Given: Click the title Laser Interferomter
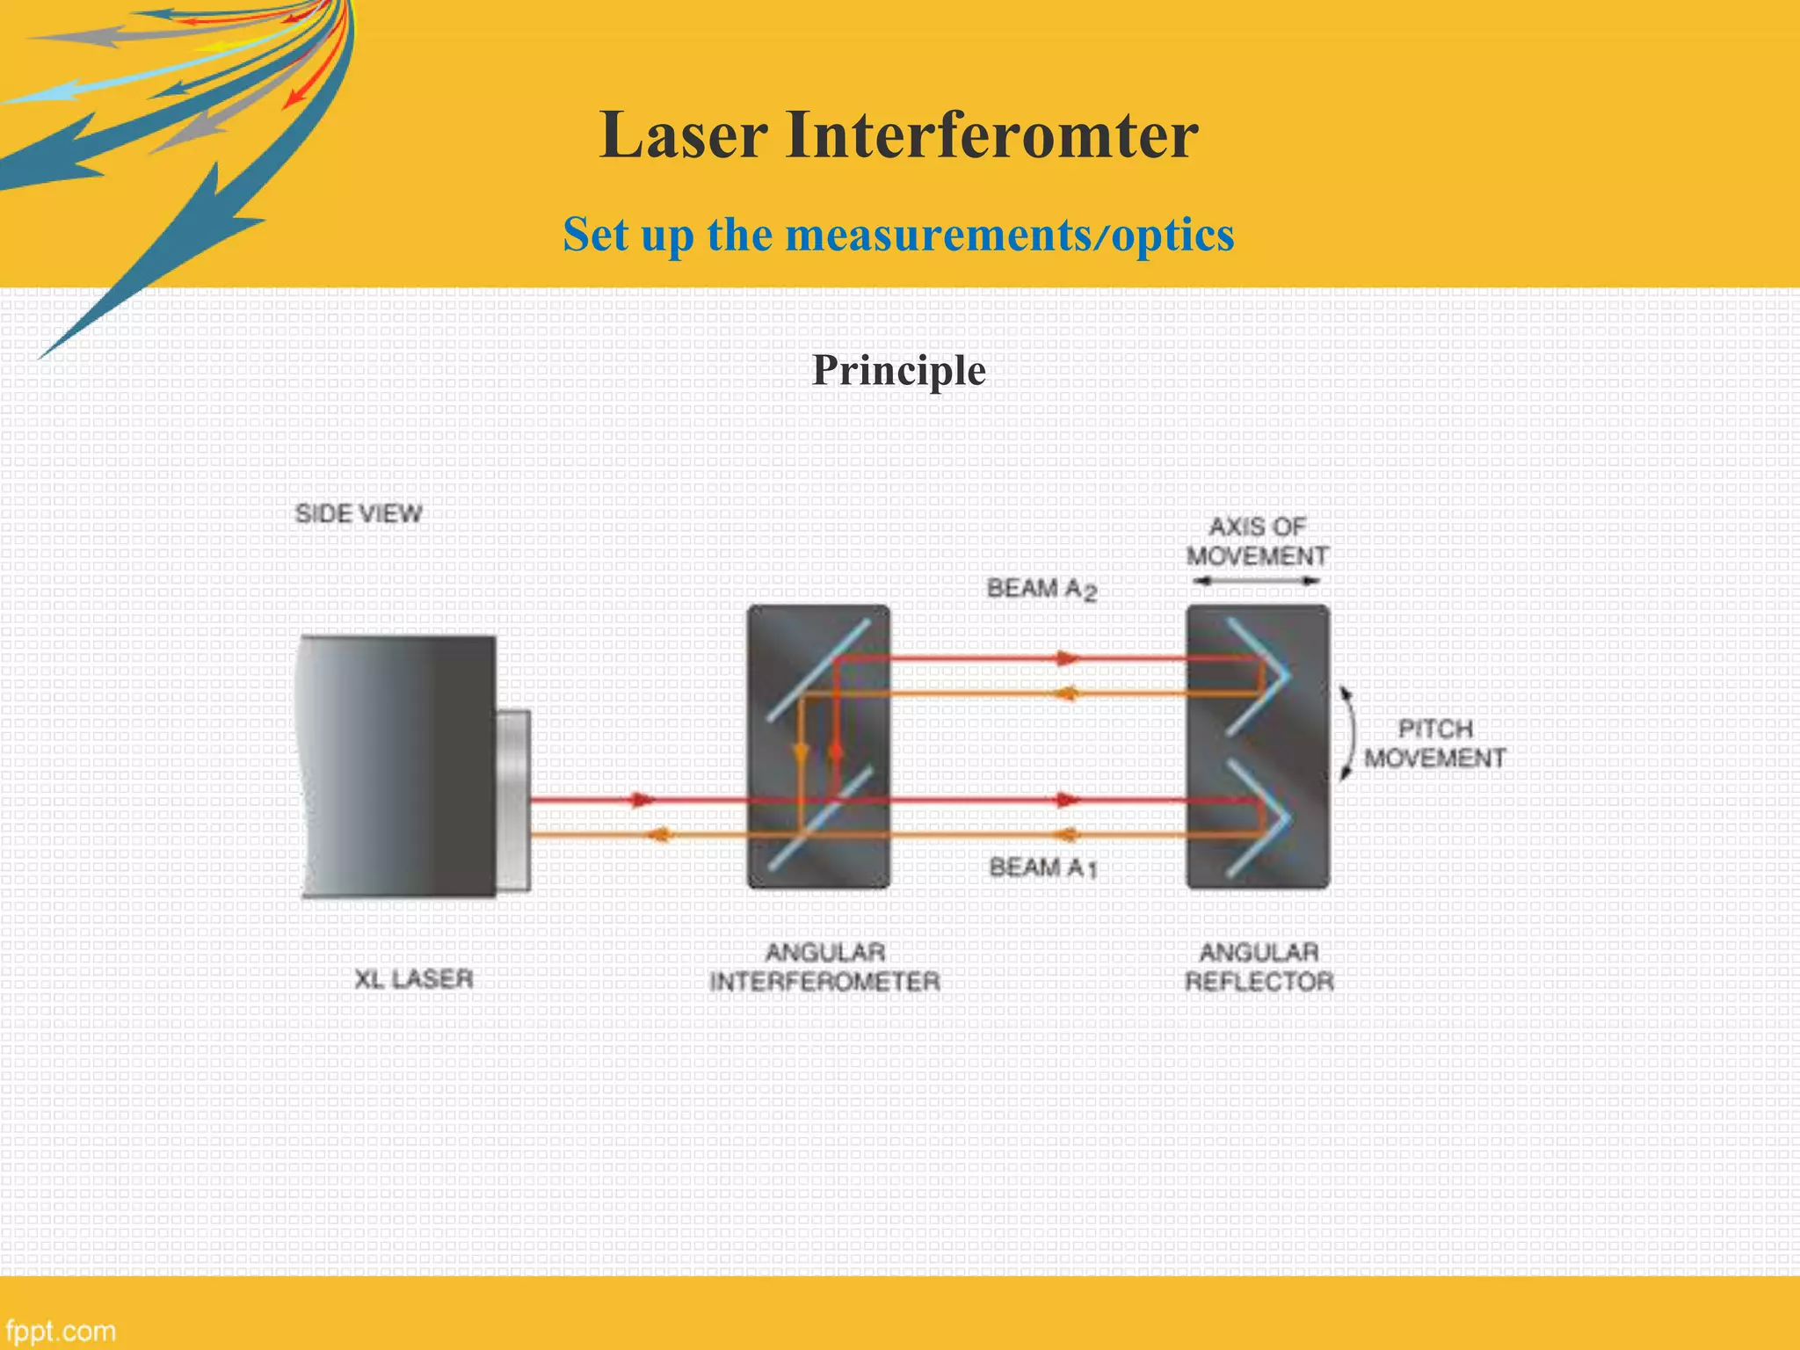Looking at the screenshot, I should pos(898,136).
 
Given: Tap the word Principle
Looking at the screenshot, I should pos(898,370).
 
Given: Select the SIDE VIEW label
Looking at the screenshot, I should pos(358,513).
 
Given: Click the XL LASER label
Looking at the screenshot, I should pos(413,978).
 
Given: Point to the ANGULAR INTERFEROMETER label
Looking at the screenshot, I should pos(824,967).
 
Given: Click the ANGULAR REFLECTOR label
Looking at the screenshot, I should pos(1259,967).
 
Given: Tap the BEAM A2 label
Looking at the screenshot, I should pos(1042,589).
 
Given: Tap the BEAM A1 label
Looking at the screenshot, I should pos(1043,867).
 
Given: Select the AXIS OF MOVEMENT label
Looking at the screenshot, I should pos(1257,541).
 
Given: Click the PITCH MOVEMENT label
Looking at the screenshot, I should pos(1434,744).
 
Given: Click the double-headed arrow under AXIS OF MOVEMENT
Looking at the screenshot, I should pos(1257,581).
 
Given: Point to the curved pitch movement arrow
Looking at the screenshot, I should pos(1348,734).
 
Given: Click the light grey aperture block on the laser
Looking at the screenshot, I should pos(513,800).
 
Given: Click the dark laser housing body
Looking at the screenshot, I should pos(400,765).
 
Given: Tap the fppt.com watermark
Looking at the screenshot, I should pos(60,1330).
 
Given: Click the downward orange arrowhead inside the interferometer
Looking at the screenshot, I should pos(801,753).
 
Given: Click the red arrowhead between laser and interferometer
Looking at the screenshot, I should pos(644,800).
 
